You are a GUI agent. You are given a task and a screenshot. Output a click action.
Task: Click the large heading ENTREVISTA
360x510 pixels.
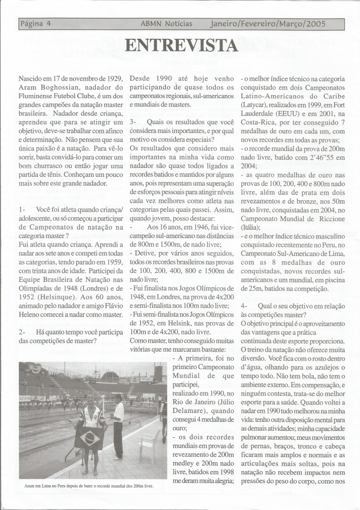point(181,46)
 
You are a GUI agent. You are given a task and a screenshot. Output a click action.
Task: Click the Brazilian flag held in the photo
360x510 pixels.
point(90,437)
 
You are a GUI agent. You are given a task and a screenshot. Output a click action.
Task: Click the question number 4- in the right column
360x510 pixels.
point(244,304)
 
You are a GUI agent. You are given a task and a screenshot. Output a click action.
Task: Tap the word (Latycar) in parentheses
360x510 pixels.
point(257,106)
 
